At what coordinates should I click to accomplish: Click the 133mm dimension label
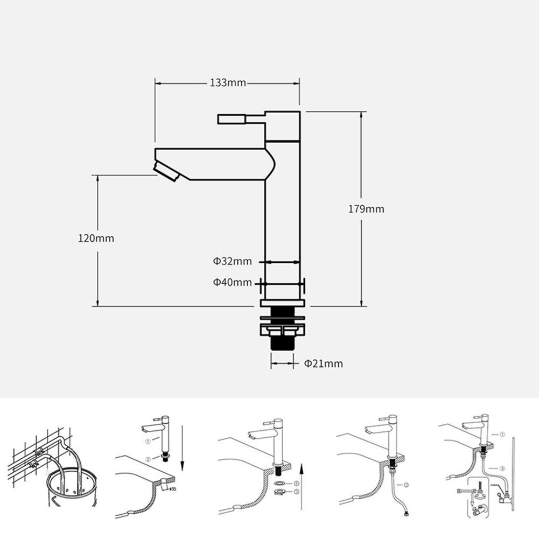click(x=227, y=83)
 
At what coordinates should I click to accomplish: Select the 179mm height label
click(x=366, y=209)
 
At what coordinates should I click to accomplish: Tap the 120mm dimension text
click(x=96, y=238)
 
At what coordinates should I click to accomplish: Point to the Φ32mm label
click(x=232, y=262)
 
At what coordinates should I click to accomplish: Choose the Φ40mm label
click(x=232, y=282)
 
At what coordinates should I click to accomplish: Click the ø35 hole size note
click(x=173, y=489)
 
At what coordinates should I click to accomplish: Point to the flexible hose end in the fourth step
click(x=403, y=514)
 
